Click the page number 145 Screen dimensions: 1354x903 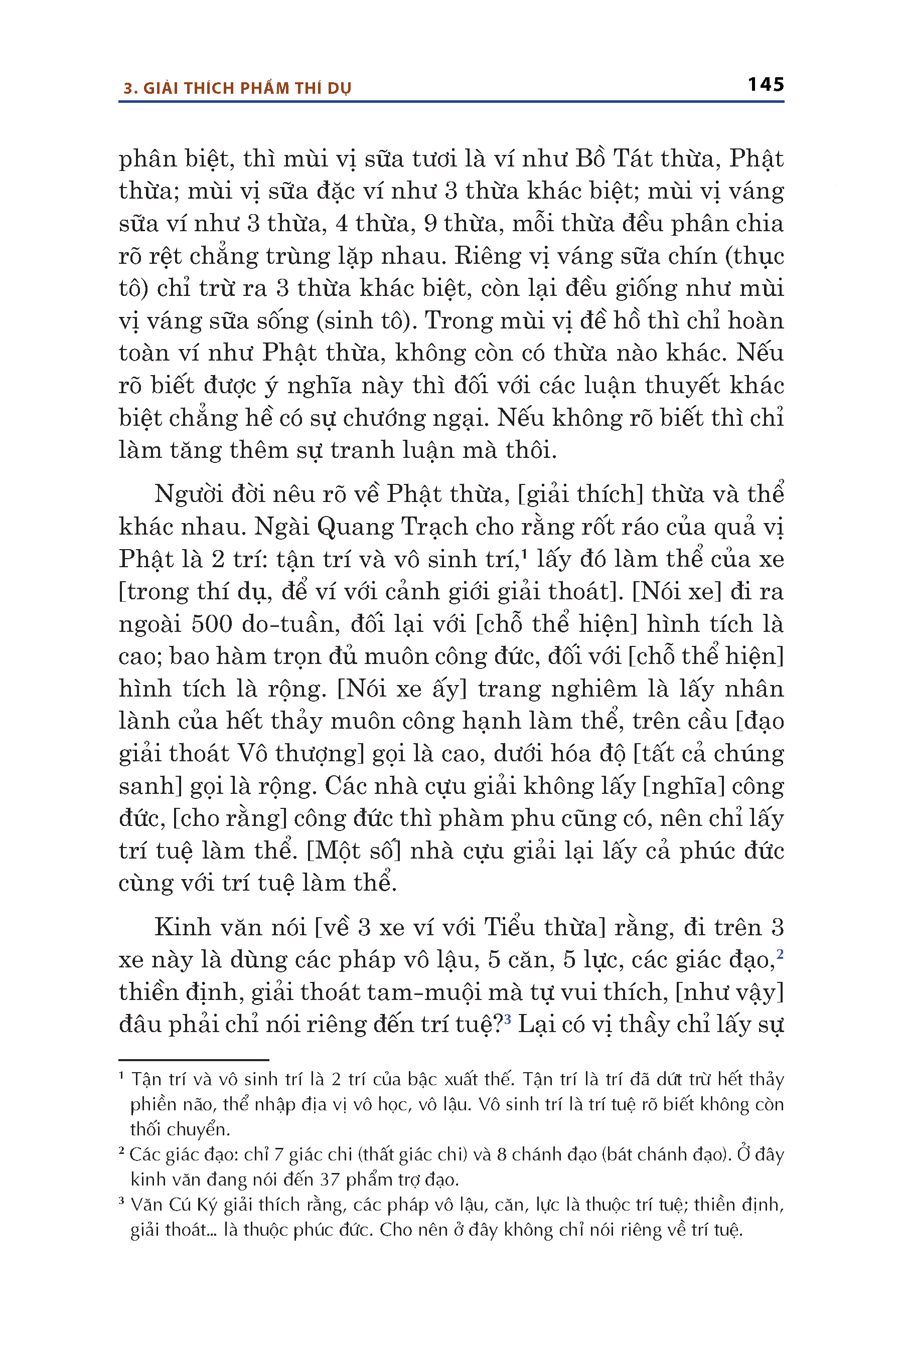[766, 85]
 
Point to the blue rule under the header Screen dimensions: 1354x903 [451, 102]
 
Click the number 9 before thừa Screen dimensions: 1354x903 [430, 223]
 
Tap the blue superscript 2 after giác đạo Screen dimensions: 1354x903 [780, 954]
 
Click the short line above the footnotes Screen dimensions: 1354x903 [194, 1060]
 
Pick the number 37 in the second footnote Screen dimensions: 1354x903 [330, 1179]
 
